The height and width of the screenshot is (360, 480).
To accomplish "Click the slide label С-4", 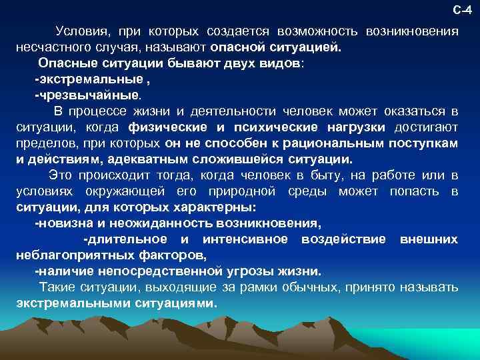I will tap(462, 10).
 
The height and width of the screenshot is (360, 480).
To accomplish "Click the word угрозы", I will tap(258, 271).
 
